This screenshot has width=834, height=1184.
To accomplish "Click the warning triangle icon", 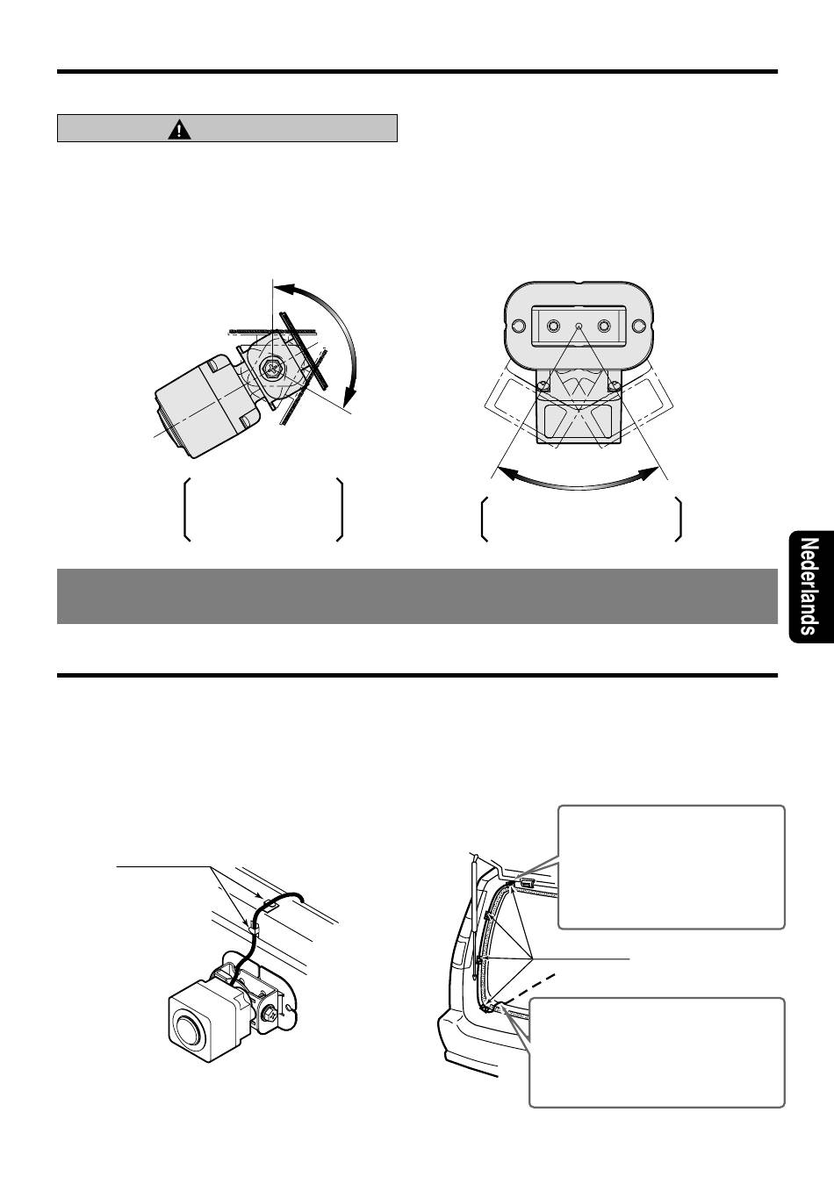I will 179,130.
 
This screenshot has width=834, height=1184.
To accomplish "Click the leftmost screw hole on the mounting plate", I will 518,326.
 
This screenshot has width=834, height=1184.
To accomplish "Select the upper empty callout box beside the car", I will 671,866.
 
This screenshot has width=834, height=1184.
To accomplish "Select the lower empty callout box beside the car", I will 657,1051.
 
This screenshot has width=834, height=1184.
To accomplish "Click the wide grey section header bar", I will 417,596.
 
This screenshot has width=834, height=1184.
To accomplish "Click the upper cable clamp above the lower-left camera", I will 271,901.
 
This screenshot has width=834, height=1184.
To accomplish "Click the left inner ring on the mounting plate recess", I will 553,326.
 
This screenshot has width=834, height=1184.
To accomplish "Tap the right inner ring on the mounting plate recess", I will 603,326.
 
